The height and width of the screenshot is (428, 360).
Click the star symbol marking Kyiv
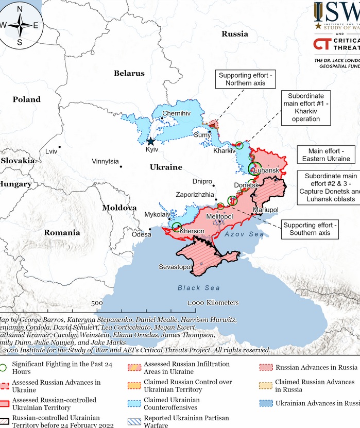(x=151, y=141)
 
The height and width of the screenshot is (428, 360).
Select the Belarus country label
(x=129, y=73)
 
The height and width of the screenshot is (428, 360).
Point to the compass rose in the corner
(x=20, y=25)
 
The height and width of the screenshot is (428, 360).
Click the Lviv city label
(x=51, y=151)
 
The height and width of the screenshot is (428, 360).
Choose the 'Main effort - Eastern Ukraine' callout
(x=324, y=155)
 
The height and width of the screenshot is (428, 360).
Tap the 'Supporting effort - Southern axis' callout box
(x=310, y=229)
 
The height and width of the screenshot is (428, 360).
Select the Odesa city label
(x=142, y=234)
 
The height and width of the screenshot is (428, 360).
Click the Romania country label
(x=62, y=232)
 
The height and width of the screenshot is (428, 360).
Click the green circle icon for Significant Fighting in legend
(x=3, y=368)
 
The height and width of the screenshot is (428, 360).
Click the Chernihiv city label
(x=176, y=113)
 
